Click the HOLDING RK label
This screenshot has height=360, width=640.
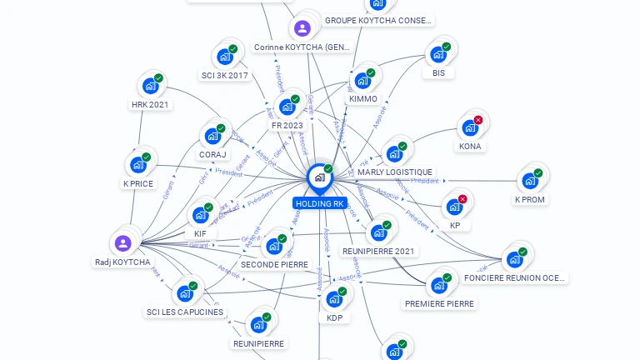319,203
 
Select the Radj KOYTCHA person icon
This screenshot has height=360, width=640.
122,243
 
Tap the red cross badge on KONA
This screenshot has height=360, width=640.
478,120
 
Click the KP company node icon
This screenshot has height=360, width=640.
454,206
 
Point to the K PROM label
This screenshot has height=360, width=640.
529,200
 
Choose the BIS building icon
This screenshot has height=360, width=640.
437,55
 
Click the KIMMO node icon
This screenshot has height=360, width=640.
362,81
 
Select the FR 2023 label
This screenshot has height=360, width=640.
287,126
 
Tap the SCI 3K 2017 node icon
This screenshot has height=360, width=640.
224,57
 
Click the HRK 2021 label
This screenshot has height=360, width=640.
150,105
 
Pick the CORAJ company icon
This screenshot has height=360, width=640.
212,136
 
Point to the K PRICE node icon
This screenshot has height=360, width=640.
137,165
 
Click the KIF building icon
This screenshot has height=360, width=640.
200,215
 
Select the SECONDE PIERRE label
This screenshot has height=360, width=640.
274,265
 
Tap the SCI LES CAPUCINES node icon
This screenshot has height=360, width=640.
184,293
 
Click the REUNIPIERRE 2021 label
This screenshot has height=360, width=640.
378,251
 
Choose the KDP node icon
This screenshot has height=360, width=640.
334,299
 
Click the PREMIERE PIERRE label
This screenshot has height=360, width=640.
439,304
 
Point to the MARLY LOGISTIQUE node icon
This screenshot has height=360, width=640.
394,154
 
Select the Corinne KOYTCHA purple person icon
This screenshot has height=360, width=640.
302,28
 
